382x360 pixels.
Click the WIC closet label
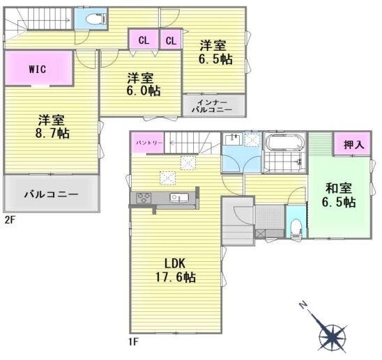click(38, 69)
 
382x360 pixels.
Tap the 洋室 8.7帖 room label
click(52, 127)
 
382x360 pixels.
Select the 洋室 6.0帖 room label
click(143, 84)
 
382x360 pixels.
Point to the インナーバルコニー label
click(212, 106)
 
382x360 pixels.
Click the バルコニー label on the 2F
click(52, 194)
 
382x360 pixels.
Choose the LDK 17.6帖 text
click(176, 270)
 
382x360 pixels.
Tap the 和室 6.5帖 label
click(339, 195)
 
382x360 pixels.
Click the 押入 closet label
click(353, 145)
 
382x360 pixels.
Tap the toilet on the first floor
click(296, 228)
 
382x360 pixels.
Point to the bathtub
click(285, 142)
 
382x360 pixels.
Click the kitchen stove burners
click(144, 197)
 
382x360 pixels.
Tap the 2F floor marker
click(10, 220)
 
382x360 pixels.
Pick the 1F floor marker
click(134, 342)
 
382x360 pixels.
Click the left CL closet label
click(144, 40)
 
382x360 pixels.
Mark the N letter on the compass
click(303, 305)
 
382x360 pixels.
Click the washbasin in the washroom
click(233, 139)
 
